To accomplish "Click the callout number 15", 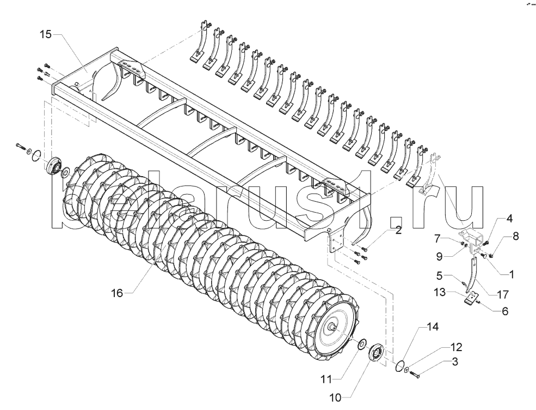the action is tap(46, 34).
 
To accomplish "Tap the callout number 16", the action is tap(117, 293).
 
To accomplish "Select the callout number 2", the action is tap(398, 231).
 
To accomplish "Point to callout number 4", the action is tap(509, 219).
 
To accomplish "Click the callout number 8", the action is tap(515, 236).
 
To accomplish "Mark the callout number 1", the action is tap(512, 274).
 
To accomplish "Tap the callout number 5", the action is tap(440, 275).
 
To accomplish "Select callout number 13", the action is tap(440, 292).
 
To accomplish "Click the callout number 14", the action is tap(432, 327).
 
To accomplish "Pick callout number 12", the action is tap(455, 347).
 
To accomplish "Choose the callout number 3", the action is tap(454, 361).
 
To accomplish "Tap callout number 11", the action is tap(327, 379).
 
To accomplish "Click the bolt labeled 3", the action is tap(415, 373).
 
